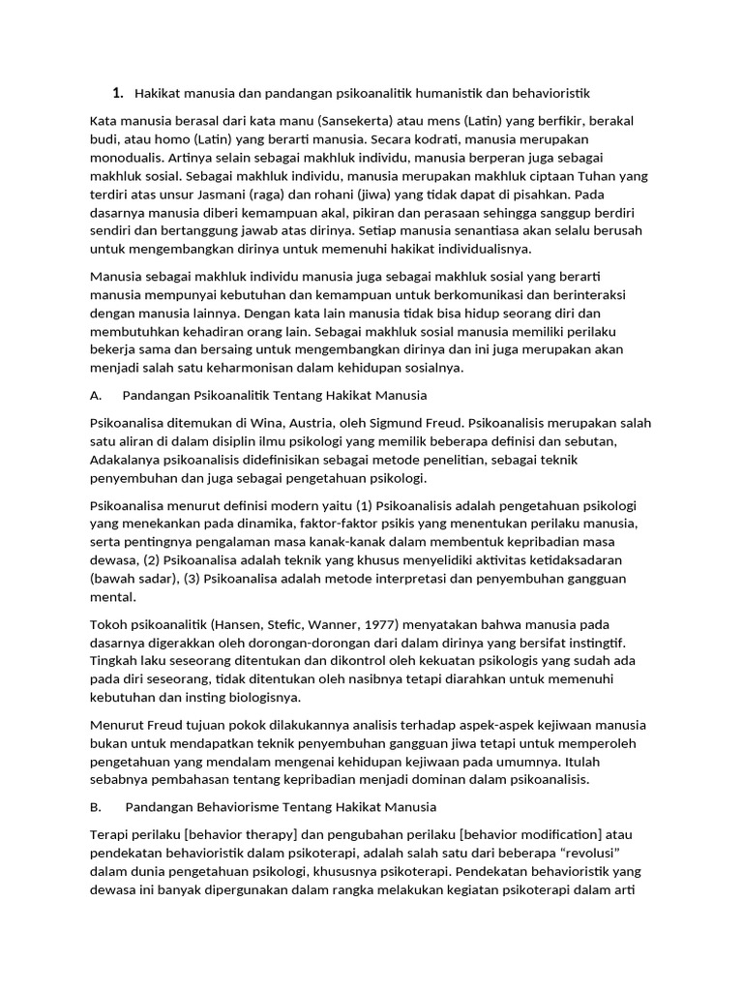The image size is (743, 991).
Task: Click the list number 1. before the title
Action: [118, 93]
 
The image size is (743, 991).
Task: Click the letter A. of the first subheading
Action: [95, 396]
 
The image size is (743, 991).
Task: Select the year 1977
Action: [361, 624]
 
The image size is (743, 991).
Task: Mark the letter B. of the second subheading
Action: [95, 806]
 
